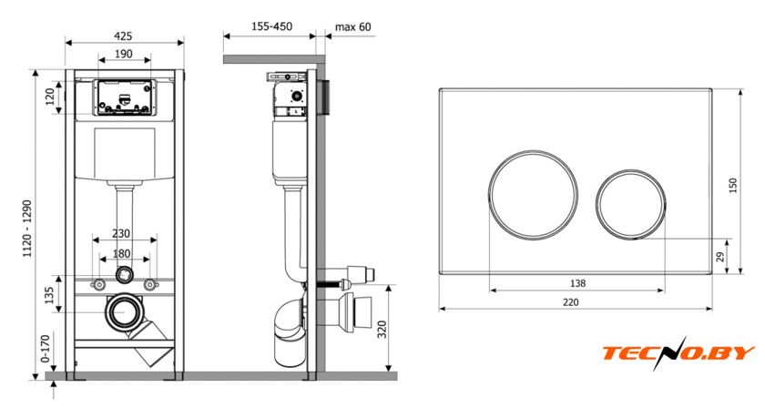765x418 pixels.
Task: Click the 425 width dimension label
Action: (x=123, y=36)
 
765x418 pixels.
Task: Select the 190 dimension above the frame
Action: (x=124, y=54)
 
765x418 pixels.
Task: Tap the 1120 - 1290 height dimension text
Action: (x=27, y=229)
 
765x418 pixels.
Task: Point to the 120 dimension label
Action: (x=50, y=97)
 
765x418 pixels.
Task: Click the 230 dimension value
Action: (x=121, y=234)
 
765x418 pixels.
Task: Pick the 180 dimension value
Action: (x=121, y=254)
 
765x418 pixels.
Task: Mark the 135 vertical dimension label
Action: (x=49, y=295)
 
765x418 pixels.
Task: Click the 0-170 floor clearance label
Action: (x=46, y=348)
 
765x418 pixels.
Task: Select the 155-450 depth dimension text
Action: (x=271, y=26)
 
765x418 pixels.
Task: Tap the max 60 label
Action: (x=352, y=26)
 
